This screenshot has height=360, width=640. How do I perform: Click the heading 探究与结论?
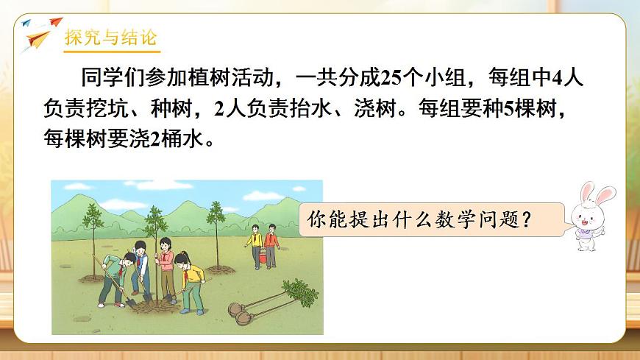(110, 38)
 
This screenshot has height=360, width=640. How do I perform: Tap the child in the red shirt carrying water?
(271, 243)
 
